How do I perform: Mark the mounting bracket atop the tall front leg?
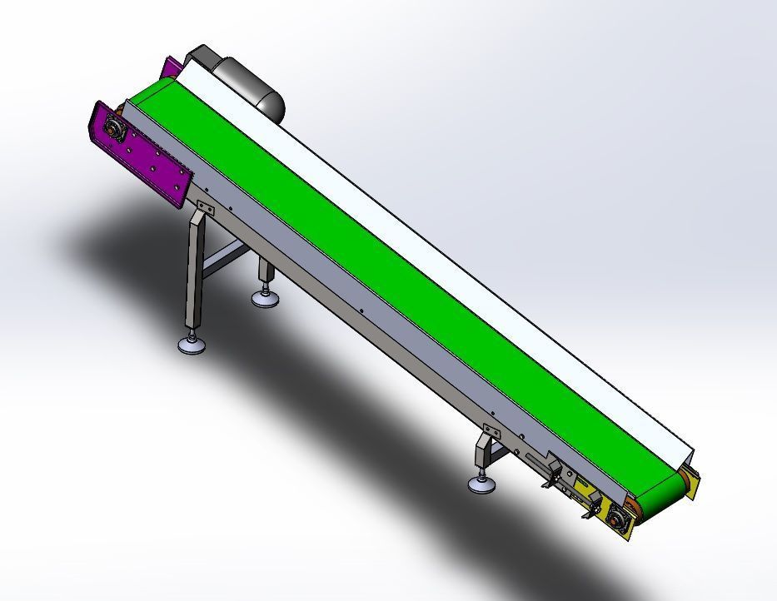[x=205, y=209]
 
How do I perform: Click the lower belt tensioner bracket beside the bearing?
[x=593, y=505]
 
